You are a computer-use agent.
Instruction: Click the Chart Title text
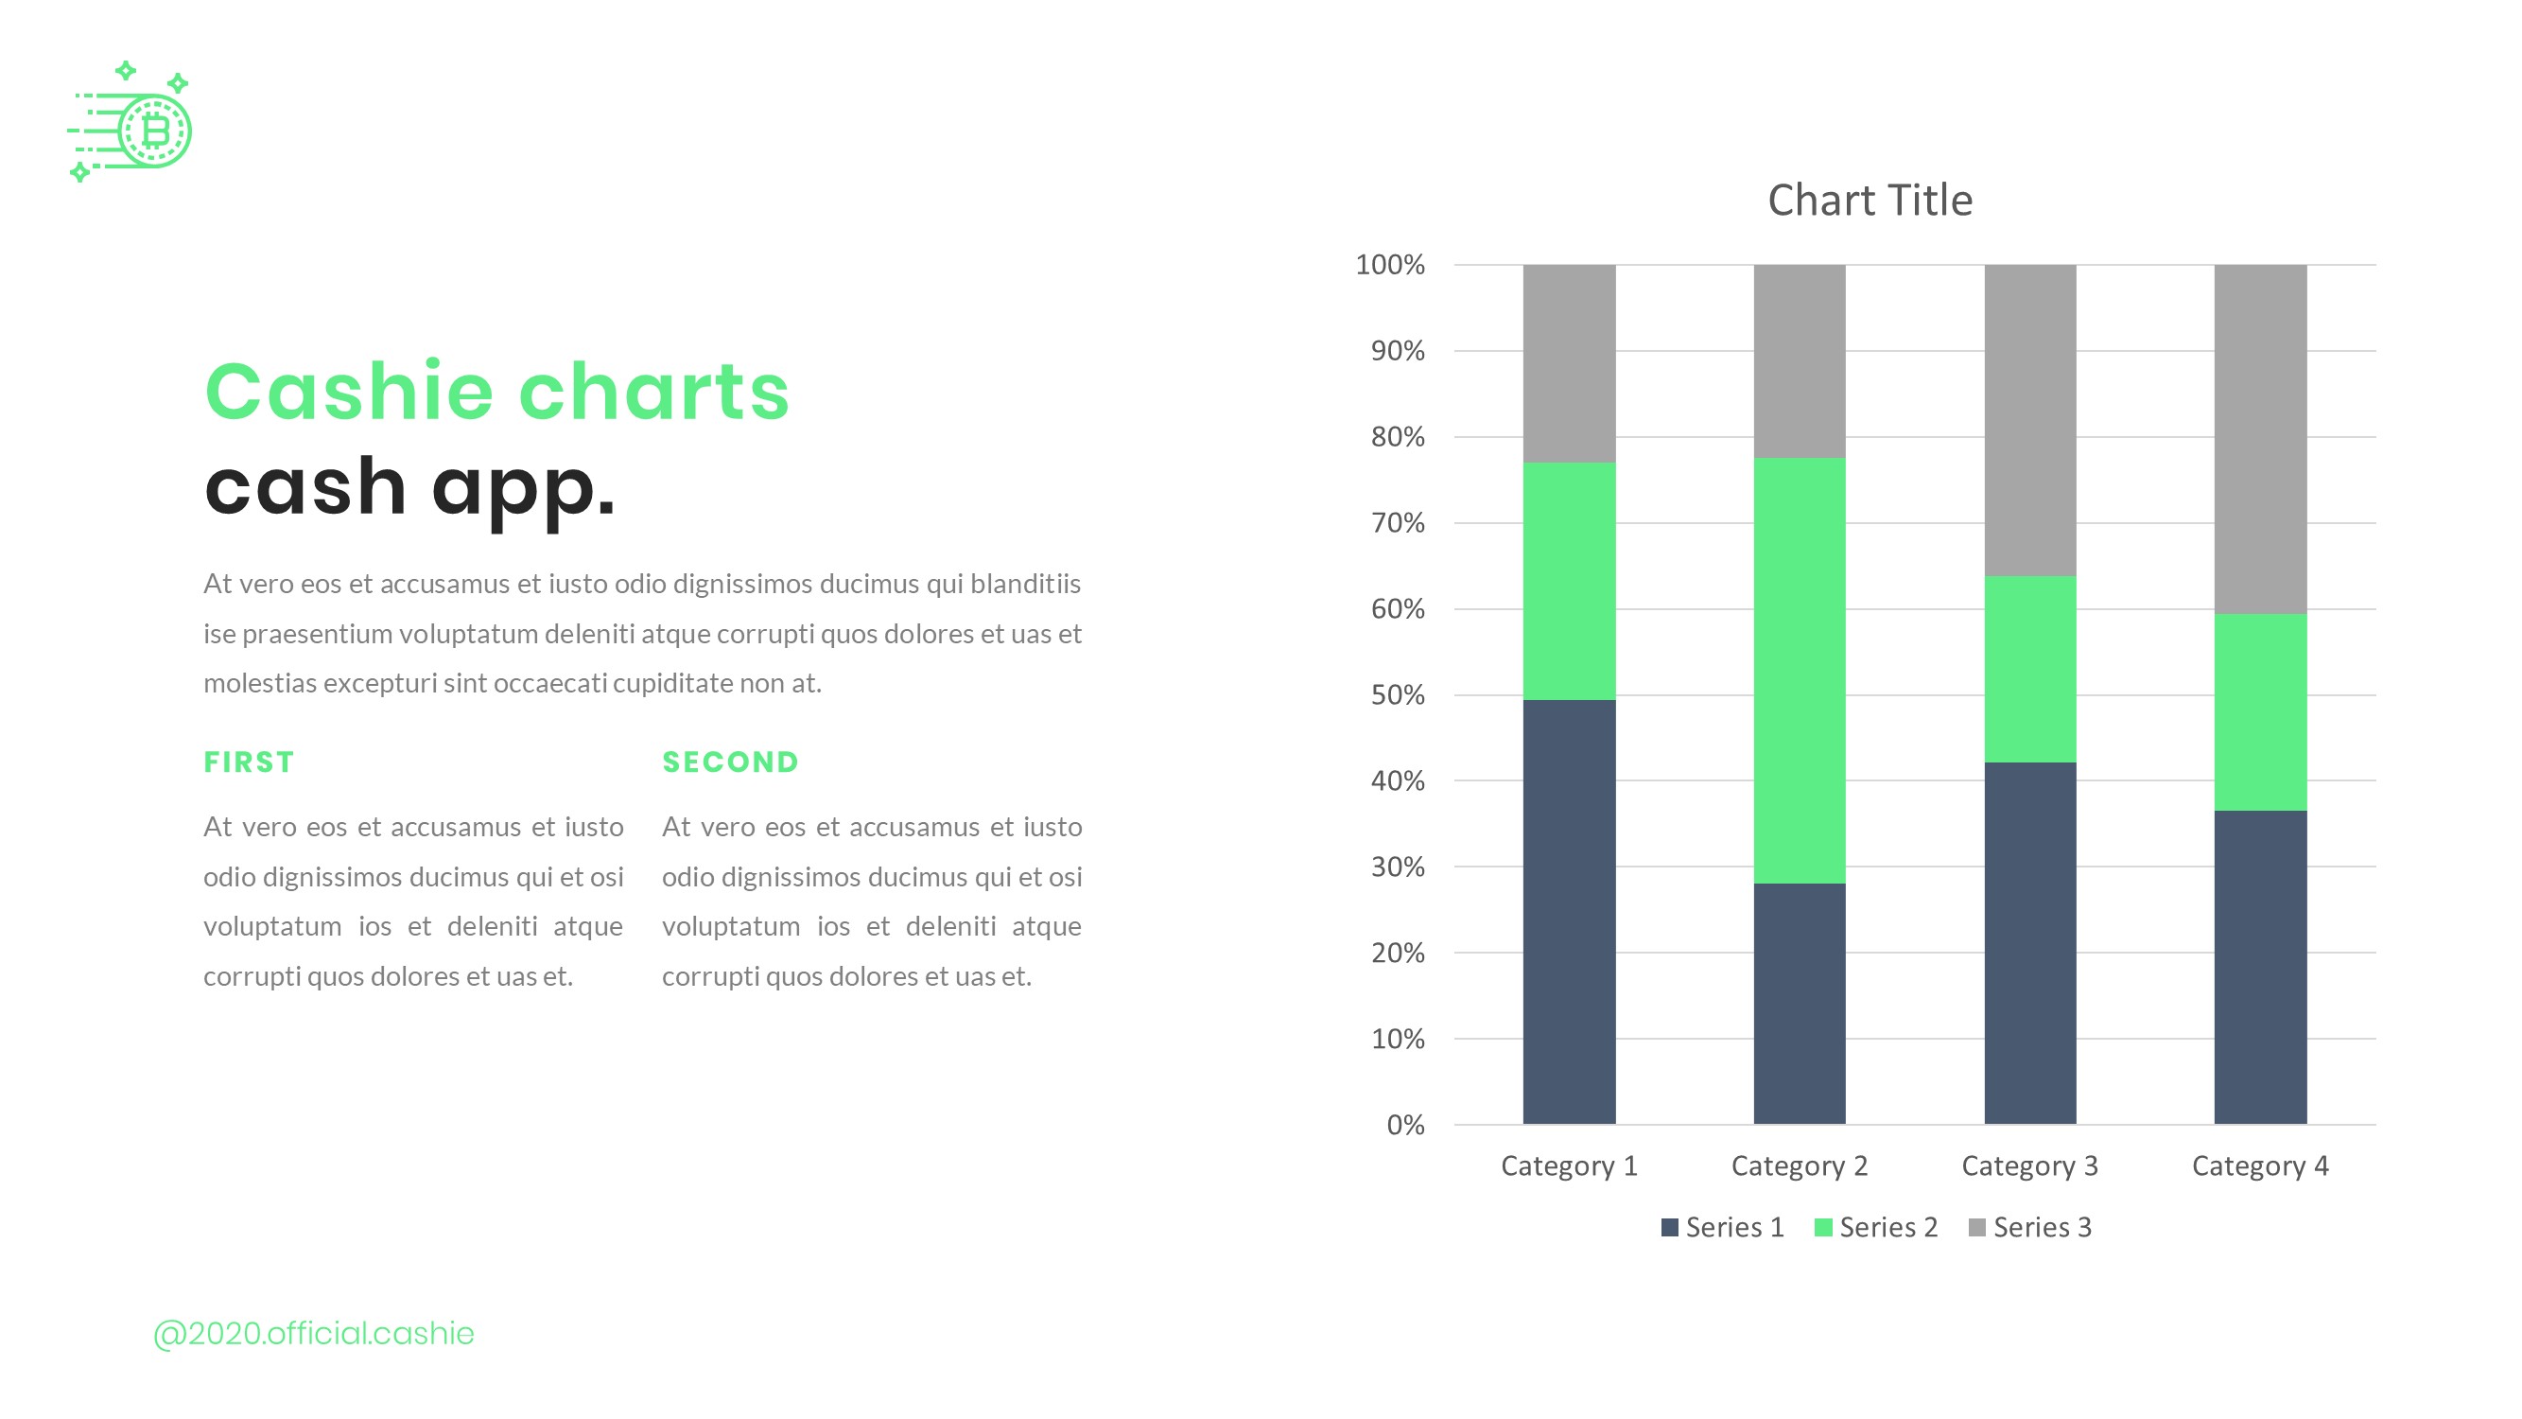click(x=1869, y=201)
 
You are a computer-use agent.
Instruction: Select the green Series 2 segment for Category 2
click(x=1799, y=671)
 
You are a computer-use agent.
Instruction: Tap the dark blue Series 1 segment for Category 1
click(x=1569, y=911)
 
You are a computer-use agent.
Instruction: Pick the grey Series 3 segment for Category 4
click(x=2260, y=439)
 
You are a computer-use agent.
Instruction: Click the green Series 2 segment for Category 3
click(x=2029, y=669)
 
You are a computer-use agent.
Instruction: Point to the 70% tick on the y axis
click(x=1397, y=523)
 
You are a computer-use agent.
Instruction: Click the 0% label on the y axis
click(x=1405, y=1125)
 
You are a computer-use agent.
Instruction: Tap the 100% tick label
click(x=1389, y=265)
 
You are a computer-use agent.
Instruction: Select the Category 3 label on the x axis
click(x=2029, y=1165)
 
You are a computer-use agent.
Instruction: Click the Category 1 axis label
click(x=1569, y=1165)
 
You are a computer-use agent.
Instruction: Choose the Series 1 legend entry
click(x=1723, y=1227)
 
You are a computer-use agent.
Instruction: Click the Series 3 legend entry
click(x=2030, y=1227)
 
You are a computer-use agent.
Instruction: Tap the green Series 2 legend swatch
click(x=1822, y=1227)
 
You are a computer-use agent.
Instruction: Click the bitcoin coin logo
click(x=154, y=131)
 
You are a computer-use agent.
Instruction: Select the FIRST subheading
click(x=249, y=762)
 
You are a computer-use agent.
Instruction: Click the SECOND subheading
click(x=730, y=762)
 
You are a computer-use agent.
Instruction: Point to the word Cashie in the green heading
click(x=349, y=392)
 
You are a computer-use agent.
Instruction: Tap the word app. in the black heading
click(x=523, y=488)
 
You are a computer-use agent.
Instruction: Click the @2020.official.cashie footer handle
click(x=313, y=1333)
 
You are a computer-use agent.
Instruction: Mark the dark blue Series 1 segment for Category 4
click(x=2260, y=967)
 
